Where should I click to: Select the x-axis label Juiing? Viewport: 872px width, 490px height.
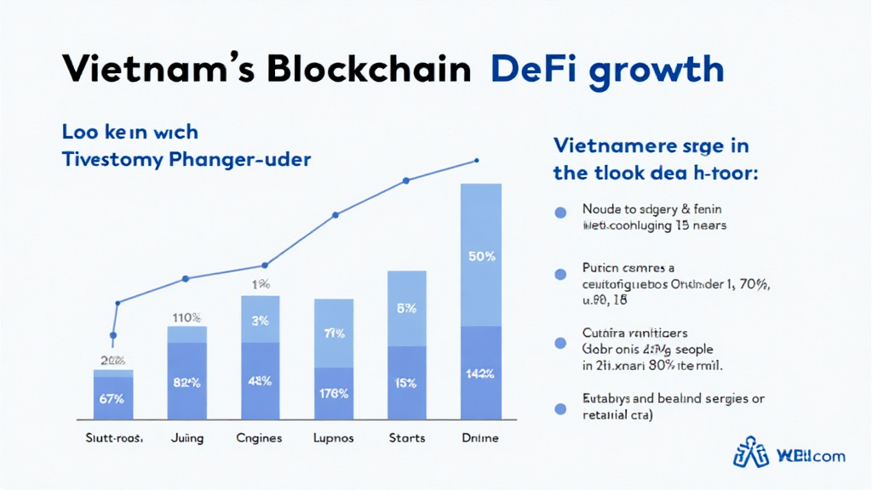click(x=186, y=438)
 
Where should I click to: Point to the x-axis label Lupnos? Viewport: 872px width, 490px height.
click(x=333, y=438)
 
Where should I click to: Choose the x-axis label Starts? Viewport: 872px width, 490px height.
click(x=406, y=438)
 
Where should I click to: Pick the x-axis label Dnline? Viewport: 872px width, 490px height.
click(x=479, y=438)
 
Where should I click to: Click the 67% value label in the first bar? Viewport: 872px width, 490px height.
click(x=112, y=397)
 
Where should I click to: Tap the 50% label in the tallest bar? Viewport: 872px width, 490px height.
click(x=481, y=256)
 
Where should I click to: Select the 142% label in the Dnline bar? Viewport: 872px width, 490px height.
click(x=481, y=373)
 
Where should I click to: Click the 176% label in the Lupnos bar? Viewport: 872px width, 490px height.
click(x=334, y=393)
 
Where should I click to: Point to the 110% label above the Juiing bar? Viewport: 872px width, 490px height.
click(x=186, y=318)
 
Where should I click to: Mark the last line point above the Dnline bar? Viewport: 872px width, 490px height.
click(x=476, y=160)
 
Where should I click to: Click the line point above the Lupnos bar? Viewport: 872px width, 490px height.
click(x=335, y=214)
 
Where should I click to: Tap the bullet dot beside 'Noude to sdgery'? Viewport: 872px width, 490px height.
click(x=560, y=214)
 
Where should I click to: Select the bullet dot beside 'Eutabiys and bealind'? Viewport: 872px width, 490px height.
click(x=560, y=408)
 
